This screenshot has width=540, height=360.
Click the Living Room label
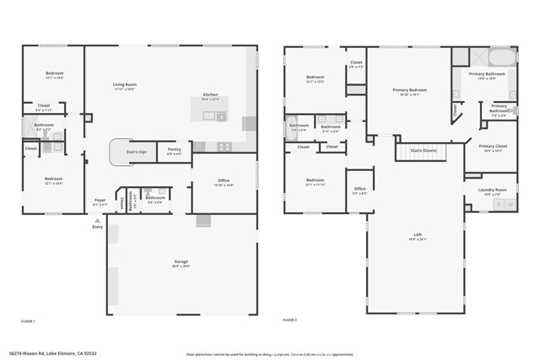126,84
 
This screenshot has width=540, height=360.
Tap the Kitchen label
210,94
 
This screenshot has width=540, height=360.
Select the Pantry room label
175,149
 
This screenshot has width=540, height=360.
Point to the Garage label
181,261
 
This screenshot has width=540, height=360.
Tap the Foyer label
100,201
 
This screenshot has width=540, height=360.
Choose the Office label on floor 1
224,180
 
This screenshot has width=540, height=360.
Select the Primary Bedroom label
408,89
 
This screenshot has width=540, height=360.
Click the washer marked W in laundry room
510,205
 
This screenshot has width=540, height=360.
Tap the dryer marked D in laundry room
498,205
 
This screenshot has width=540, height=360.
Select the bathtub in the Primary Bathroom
501,58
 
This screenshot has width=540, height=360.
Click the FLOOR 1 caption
29,321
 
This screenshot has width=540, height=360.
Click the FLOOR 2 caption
290,321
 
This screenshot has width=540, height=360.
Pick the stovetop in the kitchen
224,146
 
